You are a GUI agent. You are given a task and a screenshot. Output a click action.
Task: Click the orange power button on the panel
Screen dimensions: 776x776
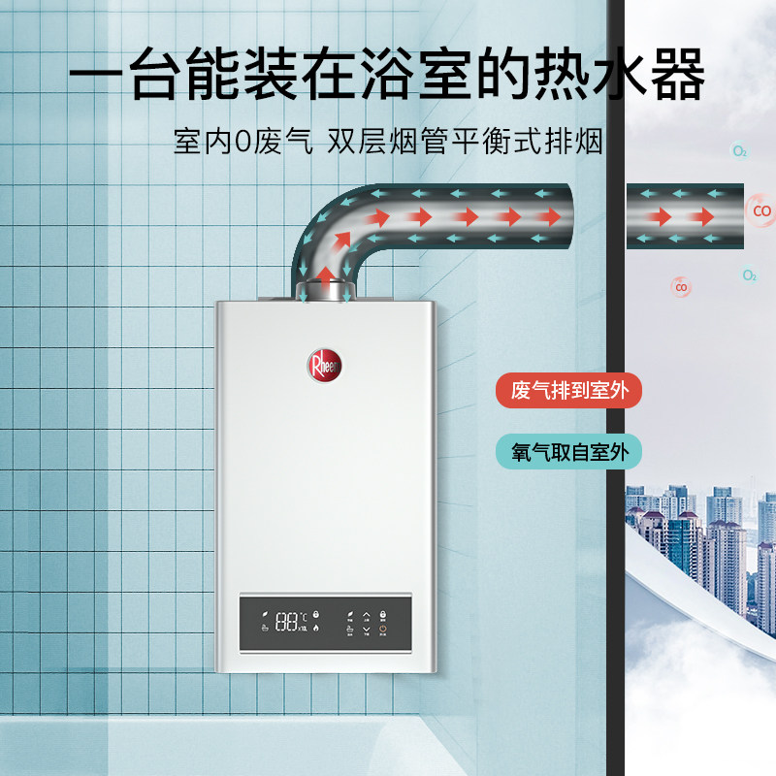coord(382,630)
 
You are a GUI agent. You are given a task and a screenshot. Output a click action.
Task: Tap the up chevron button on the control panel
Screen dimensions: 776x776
coord(366,615)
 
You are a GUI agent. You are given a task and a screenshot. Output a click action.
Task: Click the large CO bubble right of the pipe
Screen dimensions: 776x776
coord(762,210)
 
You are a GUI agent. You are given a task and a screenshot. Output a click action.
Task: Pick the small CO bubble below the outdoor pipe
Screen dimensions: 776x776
coord(682,287)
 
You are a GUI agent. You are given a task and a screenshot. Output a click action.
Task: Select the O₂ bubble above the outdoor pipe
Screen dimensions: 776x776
coord(740,151)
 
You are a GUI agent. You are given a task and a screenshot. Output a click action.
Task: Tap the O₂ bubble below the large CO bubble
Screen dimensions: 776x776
coord(750,275)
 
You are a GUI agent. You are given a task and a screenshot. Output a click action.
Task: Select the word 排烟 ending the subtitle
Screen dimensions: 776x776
coord(580,143)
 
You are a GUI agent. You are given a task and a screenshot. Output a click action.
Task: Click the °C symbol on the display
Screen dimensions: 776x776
coord(304,616)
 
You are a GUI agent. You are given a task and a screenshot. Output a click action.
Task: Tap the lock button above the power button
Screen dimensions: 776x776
coord(383,615)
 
